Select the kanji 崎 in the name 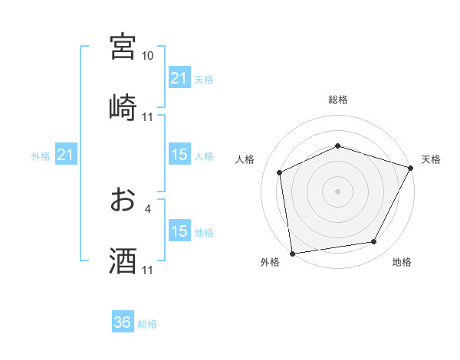tap(123, 106)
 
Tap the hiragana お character tap(123, 200)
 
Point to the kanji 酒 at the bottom tap(123, 261)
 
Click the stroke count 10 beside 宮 tap(147, 56)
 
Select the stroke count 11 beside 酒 tap(147, 270)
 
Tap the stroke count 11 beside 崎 tap(147, 117)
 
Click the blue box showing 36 tap(123, 322)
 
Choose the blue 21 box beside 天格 tap(179, 77)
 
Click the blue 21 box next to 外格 tap(66, 155)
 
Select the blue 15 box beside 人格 tap(179, 155)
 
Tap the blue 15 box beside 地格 tap(179, 231)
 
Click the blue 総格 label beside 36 tap(147, 324)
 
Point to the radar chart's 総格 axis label tap(337, 100)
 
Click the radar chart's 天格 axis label tap(431, 159)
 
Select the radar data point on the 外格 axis tap(292, 253)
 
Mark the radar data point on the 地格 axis tap(374, 242)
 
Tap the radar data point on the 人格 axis tap(280, 172)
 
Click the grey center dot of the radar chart tap(337, 191)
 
